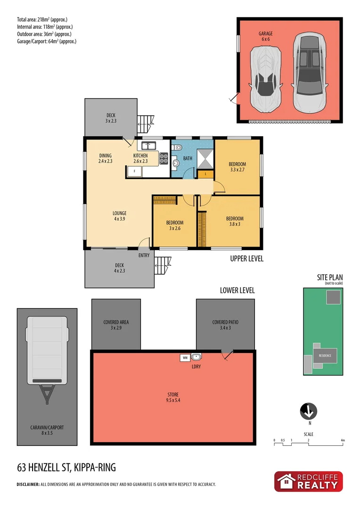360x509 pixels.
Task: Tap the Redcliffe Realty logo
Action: tap(309, 481)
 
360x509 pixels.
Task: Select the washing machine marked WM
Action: tap(184, 358)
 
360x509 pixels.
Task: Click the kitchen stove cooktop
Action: tap(164, 159)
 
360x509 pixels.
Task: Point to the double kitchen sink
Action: tap(149, 145)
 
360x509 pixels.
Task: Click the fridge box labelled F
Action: tap(134, 172)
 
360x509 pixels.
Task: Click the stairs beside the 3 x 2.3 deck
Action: tap(146, 123)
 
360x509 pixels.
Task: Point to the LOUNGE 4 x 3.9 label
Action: tap(120, 216)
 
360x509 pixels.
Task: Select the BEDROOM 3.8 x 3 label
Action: tap(235, 222)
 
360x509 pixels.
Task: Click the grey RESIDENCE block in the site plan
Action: tap(326, 355)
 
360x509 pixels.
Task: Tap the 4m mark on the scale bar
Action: tap(343, 441)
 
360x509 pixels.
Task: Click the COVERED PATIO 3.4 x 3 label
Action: tap(225, 326)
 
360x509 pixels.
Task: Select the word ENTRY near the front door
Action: tap(144, 255)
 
